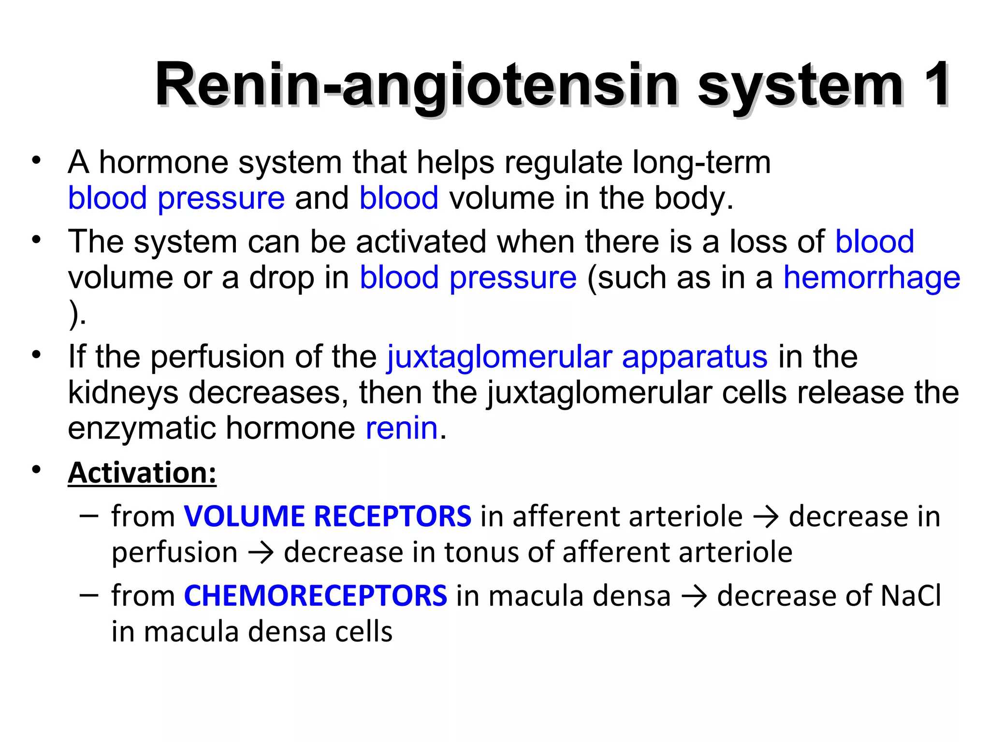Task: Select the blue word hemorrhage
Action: point(872,278)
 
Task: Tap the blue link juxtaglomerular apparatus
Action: point(577,357)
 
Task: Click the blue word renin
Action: point(402,428)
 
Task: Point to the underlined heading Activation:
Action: point(142,472)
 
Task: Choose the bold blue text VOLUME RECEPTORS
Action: point(327,516)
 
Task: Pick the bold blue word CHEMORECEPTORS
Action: point(316,595)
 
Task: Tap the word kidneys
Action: point(123,393)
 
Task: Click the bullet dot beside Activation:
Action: point(36,470)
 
